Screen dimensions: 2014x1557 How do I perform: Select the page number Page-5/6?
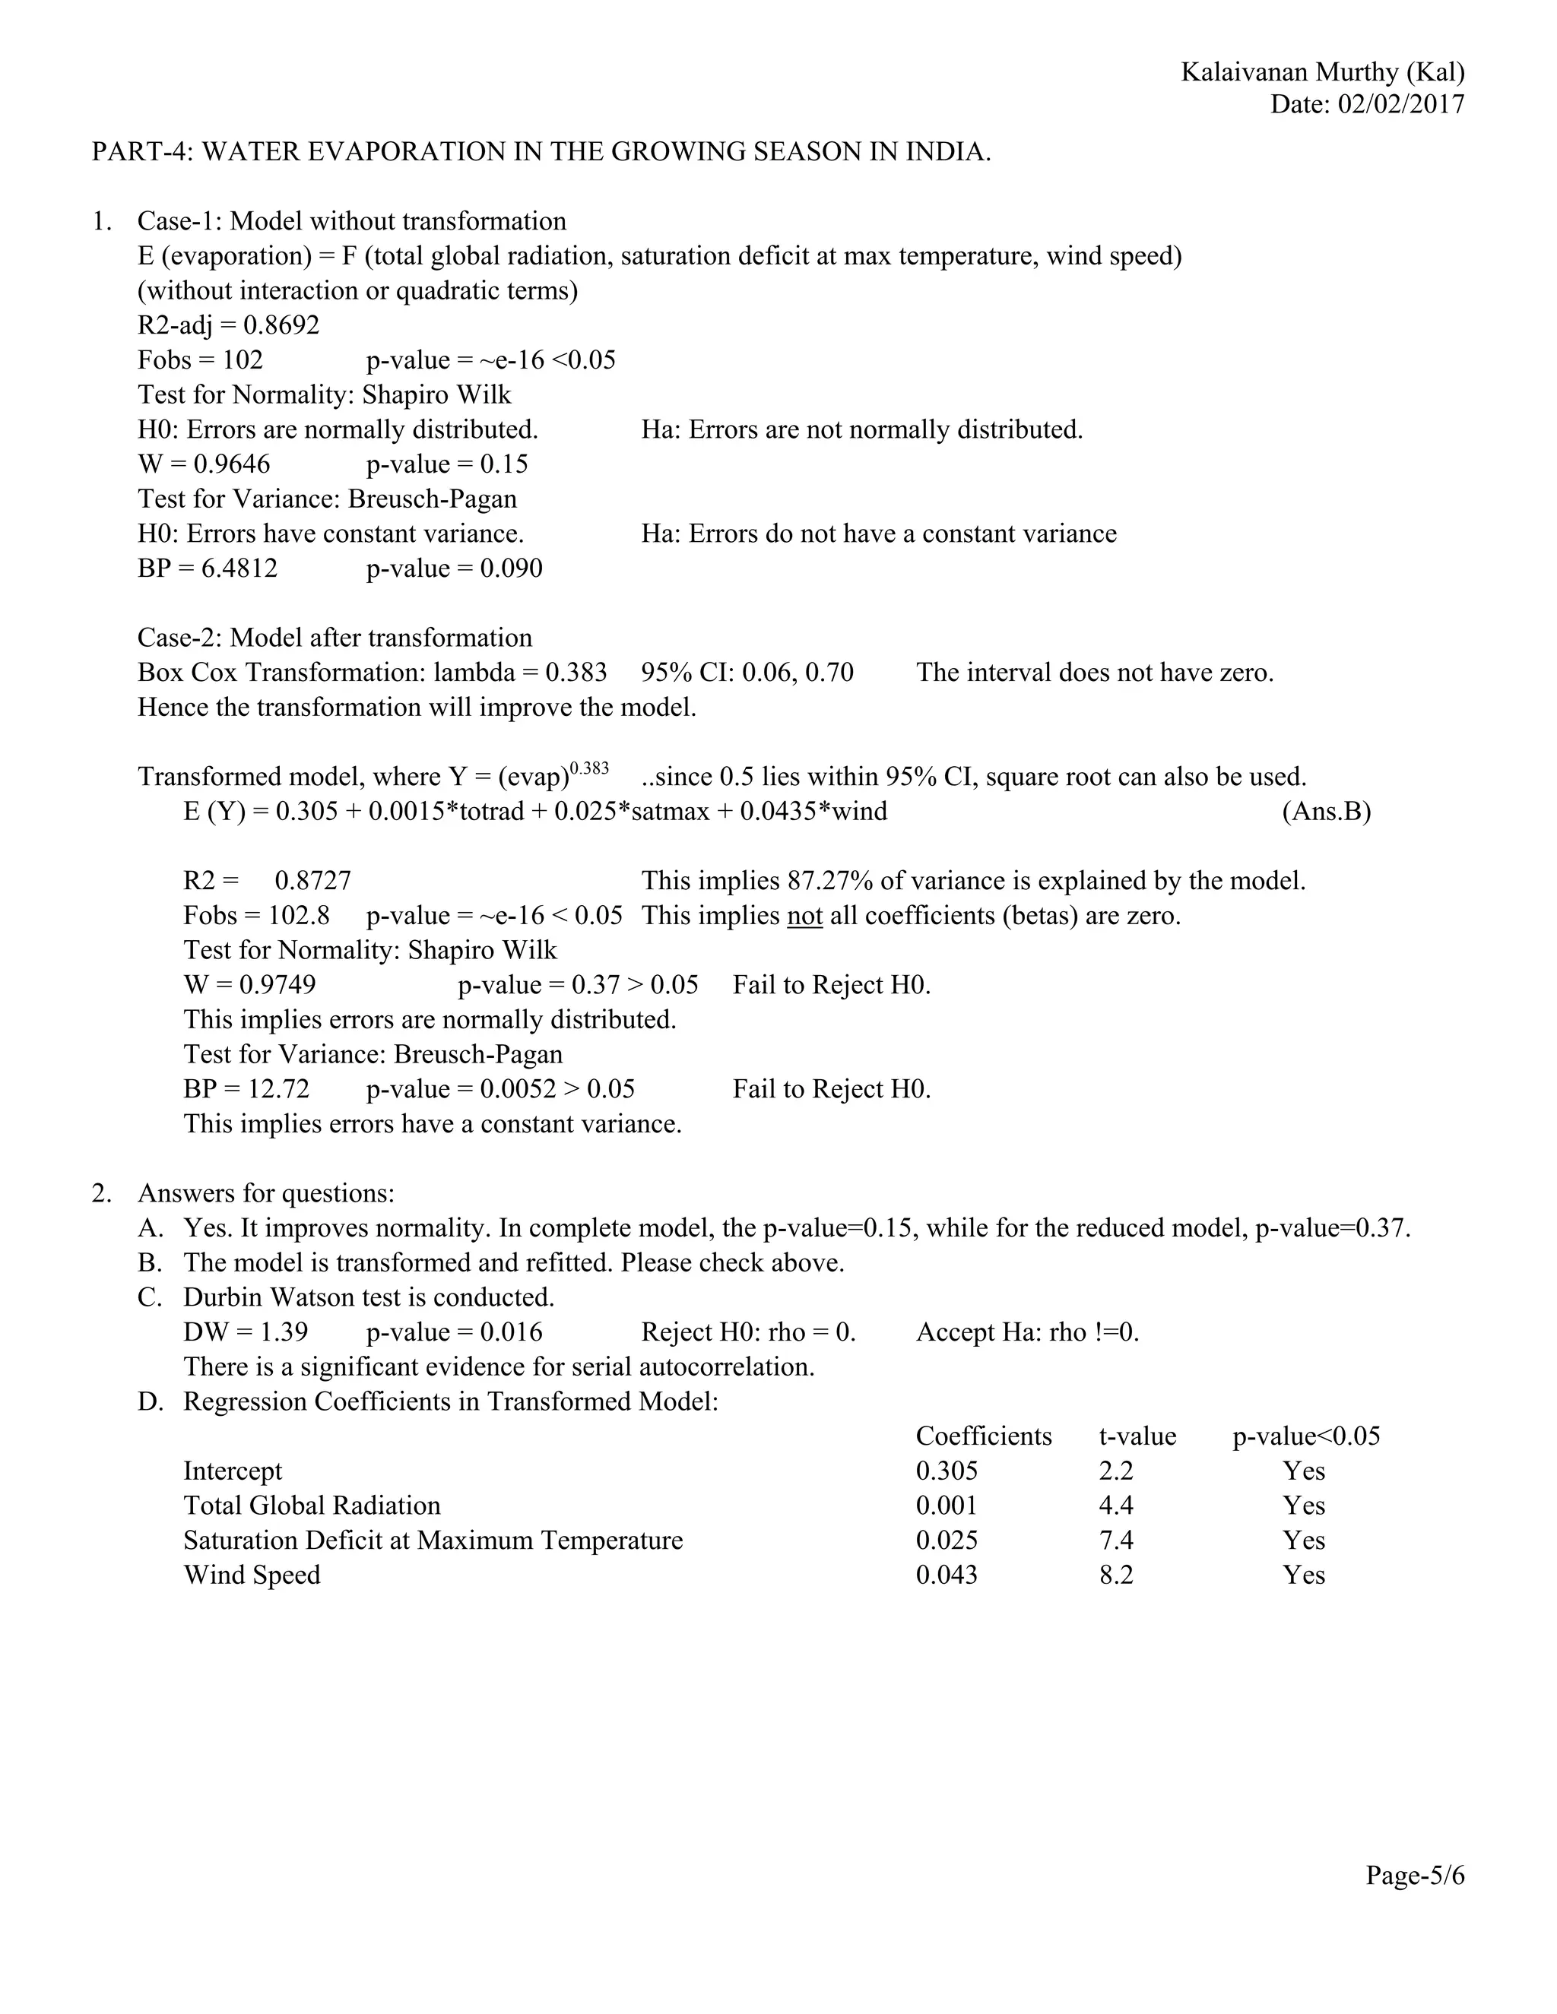[1415, 1876]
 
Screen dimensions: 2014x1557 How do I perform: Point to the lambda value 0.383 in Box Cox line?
[576, 673]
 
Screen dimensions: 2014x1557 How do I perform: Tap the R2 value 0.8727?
[312, 881]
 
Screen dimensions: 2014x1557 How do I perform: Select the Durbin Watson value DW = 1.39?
[246, 1332]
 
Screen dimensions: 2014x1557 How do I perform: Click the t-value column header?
[1137, 1436]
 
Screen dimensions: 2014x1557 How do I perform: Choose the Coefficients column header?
[983, 1436]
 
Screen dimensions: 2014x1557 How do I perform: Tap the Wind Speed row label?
[252, 1575]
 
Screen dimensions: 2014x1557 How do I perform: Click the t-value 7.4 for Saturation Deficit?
[1116, 1540]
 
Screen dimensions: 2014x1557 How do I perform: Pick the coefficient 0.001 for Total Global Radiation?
[947, 1506]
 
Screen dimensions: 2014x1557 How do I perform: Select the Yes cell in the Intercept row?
[1303, 1471]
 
